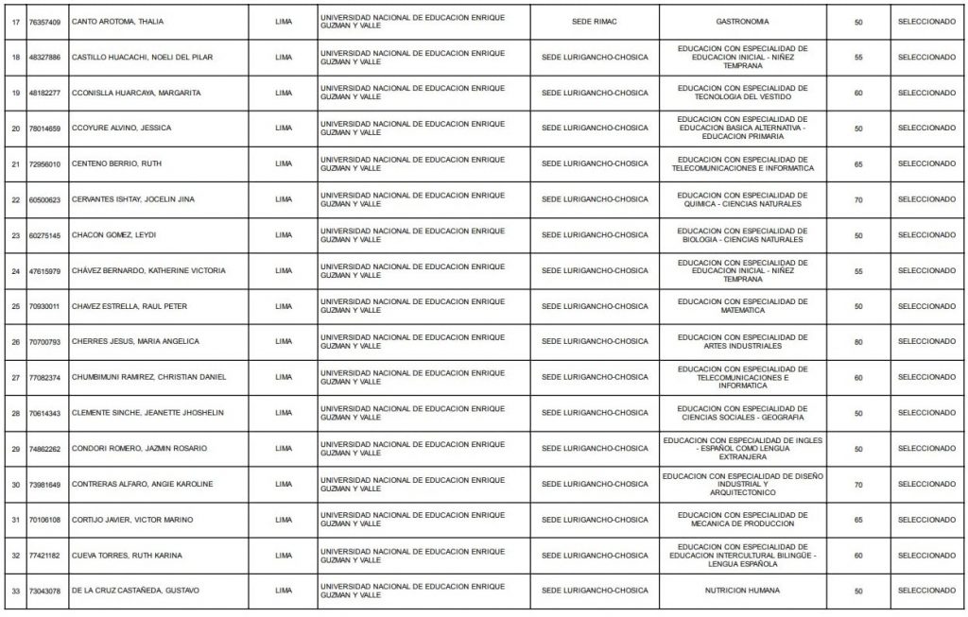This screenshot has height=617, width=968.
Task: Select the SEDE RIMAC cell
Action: (x=595, y=21)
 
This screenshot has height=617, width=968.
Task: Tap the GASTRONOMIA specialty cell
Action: (x=743, y=21)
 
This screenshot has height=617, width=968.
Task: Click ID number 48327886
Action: (x=44, y=57)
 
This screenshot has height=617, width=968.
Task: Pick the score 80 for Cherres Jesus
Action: (x=858, y=342)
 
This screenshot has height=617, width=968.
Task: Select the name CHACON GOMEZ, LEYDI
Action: (x=112, y=235)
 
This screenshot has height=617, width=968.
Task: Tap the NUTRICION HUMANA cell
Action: (x=743, y=591)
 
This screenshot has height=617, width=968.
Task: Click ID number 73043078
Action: (x=44, y=591)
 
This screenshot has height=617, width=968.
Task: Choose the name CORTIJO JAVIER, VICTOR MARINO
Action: (x=132, y=520)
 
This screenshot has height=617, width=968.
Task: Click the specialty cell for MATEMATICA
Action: (x=743, y=306)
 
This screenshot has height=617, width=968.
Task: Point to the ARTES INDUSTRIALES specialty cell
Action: (x=743, y=342)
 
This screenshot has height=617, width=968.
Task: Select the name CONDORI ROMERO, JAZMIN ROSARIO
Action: (x=139, y=449)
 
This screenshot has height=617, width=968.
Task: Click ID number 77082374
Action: (x=44, y=377)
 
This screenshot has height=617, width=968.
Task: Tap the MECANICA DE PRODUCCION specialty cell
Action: (x=743, y=520)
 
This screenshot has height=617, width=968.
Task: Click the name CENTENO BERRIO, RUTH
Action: (x=116, y=163)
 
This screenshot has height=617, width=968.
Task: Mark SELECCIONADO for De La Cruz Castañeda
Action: (x=926, y=591)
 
